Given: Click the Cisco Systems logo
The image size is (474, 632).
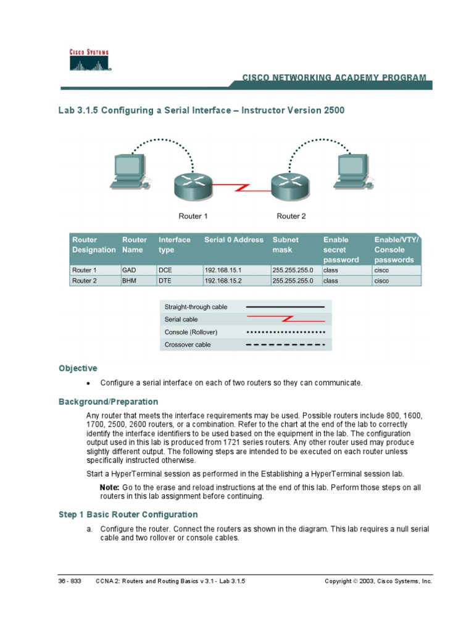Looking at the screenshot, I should point(89,60).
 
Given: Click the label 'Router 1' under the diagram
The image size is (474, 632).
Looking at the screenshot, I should point(193,216).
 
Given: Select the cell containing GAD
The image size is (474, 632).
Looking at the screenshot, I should point(129,270).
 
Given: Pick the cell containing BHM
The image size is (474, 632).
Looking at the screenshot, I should point(130,280).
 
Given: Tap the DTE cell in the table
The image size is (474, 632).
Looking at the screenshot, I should point(165,280).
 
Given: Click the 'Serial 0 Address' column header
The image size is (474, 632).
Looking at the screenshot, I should point(234,239).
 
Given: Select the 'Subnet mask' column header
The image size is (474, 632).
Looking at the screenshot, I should point(286,244).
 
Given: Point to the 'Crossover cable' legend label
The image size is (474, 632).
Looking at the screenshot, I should point(188,344).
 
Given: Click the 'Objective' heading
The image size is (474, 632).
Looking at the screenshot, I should point(78,368).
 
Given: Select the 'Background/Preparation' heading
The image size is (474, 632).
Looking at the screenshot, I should point(108,402).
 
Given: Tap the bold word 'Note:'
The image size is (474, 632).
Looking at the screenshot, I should point(110,488).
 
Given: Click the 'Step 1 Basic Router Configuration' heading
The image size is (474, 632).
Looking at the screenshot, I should point(128,514).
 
